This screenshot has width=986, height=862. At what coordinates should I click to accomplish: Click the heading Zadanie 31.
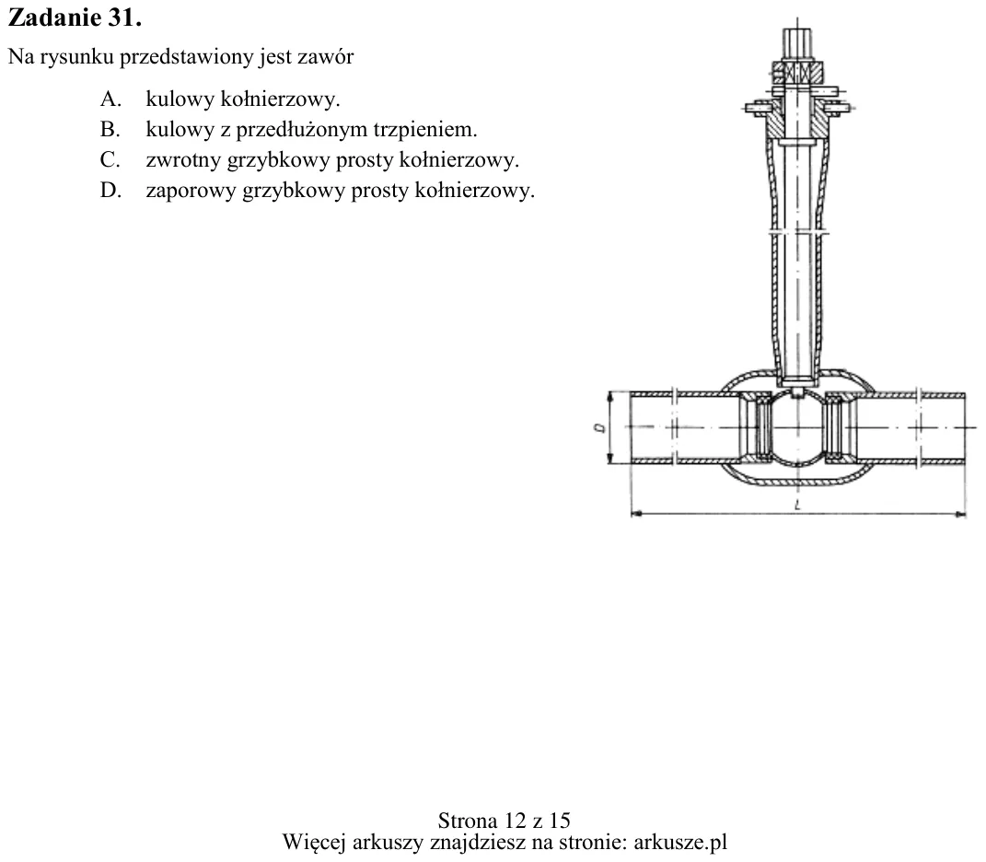click(x=75, y=17)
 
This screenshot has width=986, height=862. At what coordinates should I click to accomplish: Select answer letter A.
click(x=110, y=99)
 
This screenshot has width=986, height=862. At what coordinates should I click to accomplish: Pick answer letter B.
click(x=110, y=129)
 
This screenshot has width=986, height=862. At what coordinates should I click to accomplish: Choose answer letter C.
click(x=110, y=159)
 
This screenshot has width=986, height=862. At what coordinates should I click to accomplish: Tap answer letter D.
click(x=110, y=190)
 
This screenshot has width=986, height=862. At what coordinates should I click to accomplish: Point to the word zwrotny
click(x=183, y=160)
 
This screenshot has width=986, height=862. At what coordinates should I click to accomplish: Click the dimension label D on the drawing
click(x=600, y=428)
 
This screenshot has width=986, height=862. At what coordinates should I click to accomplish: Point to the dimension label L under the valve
click(x=797, y=505)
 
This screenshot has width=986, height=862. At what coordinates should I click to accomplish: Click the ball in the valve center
click(x=797, y=428)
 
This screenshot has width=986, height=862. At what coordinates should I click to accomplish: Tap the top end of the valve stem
click(x=797, y=29)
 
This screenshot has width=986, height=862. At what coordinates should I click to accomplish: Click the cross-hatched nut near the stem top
click(x=797, y=73)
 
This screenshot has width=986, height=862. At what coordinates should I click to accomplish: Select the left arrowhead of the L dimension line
click(x=636, y=514)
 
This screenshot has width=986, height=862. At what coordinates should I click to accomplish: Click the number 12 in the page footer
click(x=515, y=821)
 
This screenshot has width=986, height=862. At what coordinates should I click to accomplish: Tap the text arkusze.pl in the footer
click(x=680, y=842)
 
